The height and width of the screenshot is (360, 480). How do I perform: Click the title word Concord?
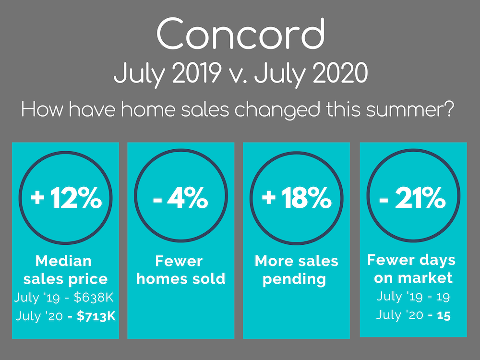pyautogui.click(x=240, y=33)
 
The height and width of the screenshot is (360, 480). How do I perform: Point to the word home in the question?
pyautogui.click(x=149, y=109)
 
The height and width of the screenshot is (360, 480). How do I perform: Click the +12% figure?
pyautogui.click(x=66, y=198)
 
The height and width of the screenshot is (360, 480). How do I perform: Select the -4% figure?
pyautogui.click(x=180, y=198)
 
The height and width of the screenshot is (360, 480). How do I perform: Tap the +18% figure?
pyautogui.click(x=297, y=198)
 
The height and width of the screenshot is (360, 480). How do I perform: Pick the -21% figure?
pyautogui.click(x=412, y=198)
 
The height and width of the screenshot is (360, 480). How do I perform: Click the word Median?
pyautogui.click(x=63, y=261)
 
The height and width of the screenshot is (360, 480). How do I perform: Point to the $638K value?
pyautogui.click(x=94, y=297)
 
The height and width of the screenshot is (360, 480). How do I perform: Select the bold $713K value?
pyautogui.click(x=96, y=316)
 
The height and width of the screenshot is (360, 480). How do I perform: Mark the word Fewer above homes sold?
pyautogui.click(x=179, y=261)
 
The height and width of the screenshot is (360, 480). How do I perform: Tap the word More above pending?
pyautogui.click(x=272, y=261)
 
